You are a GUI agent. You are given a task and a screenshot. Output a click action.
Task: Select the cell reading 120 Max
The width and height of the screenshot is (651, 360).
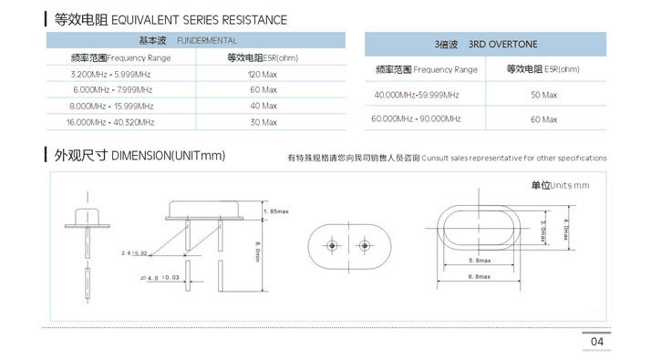[x=263, y=73]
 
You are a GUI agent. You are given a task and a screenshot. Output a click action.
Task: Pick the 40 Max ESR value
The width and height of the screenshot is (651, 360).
[x=263, y=106]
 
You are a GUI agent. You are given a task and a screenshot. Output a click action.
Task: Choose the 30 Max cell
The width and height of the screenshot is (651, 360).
[x=263, y=121]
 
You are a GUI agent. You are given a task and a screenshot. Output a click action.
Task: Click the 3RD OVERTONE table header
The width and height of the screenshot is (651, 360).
[x=485, y=43]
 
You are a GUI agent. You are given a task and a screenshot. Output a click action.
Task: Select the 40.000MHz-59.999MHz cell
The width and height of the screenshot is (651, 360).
[x=417, y=95]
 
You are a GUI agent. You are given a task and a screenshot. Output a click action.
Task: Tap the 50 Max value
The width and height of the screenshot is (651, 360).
[x=542, y=95]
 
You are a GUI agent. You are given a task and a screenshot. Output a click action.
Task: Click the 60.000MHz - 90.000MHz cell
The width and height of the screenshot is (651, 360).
[x=417, y=119]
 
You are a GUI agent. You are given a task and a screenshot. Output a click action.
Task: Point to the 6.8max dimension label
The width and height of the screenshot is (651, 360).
[x=480, y=276]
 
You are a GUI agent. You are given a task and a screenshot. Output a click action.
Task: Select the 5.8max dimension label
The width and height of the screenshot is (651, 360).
[x=480, y=261]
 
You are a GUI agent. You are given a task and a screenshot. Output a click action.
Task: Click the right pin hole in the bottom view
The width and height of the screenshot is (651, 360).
[x=364, y=246]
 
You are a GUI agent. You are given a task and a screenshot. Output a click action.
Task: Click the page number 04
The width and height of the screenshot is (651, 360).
[x=597, y=342]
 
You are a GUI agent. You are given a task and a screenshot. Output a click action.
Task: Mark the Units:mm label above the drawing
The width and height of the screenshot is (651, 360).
[x=560, y=186]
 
